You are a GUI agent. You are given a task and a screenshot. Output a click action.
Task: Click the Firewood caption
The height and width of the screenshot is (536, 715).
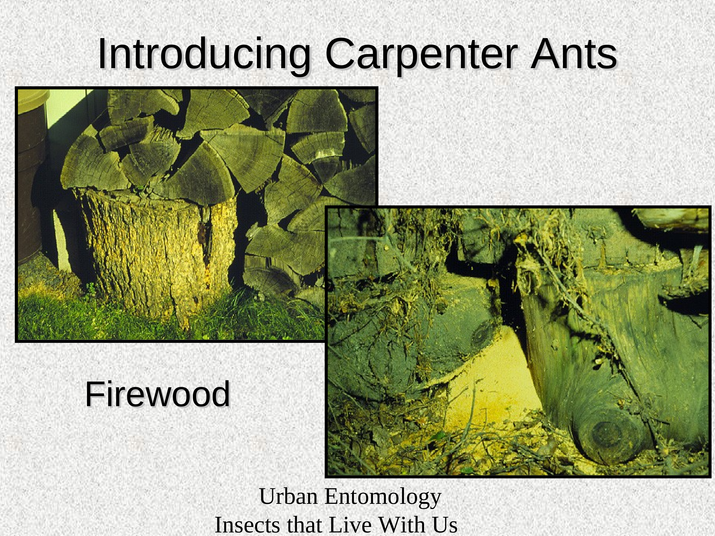pyautogui.click(x=157, y=394)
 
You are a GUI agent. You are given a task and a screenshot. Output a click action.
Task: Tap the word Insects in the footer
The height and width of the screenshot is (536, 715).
pyautogui.click(x=248, y=525)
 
